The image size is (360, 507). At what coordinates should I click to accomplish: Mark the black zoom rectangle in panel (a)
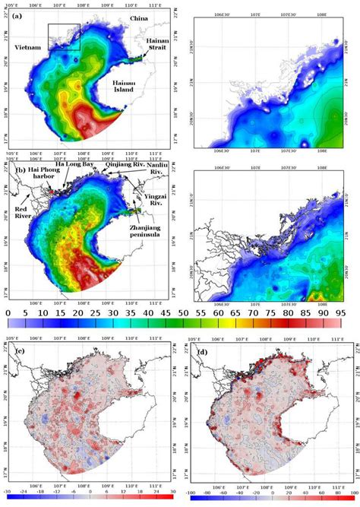pos(64,36)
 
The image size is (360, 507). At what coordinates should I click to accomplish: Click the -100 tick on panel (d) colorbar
pos(195,502)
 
